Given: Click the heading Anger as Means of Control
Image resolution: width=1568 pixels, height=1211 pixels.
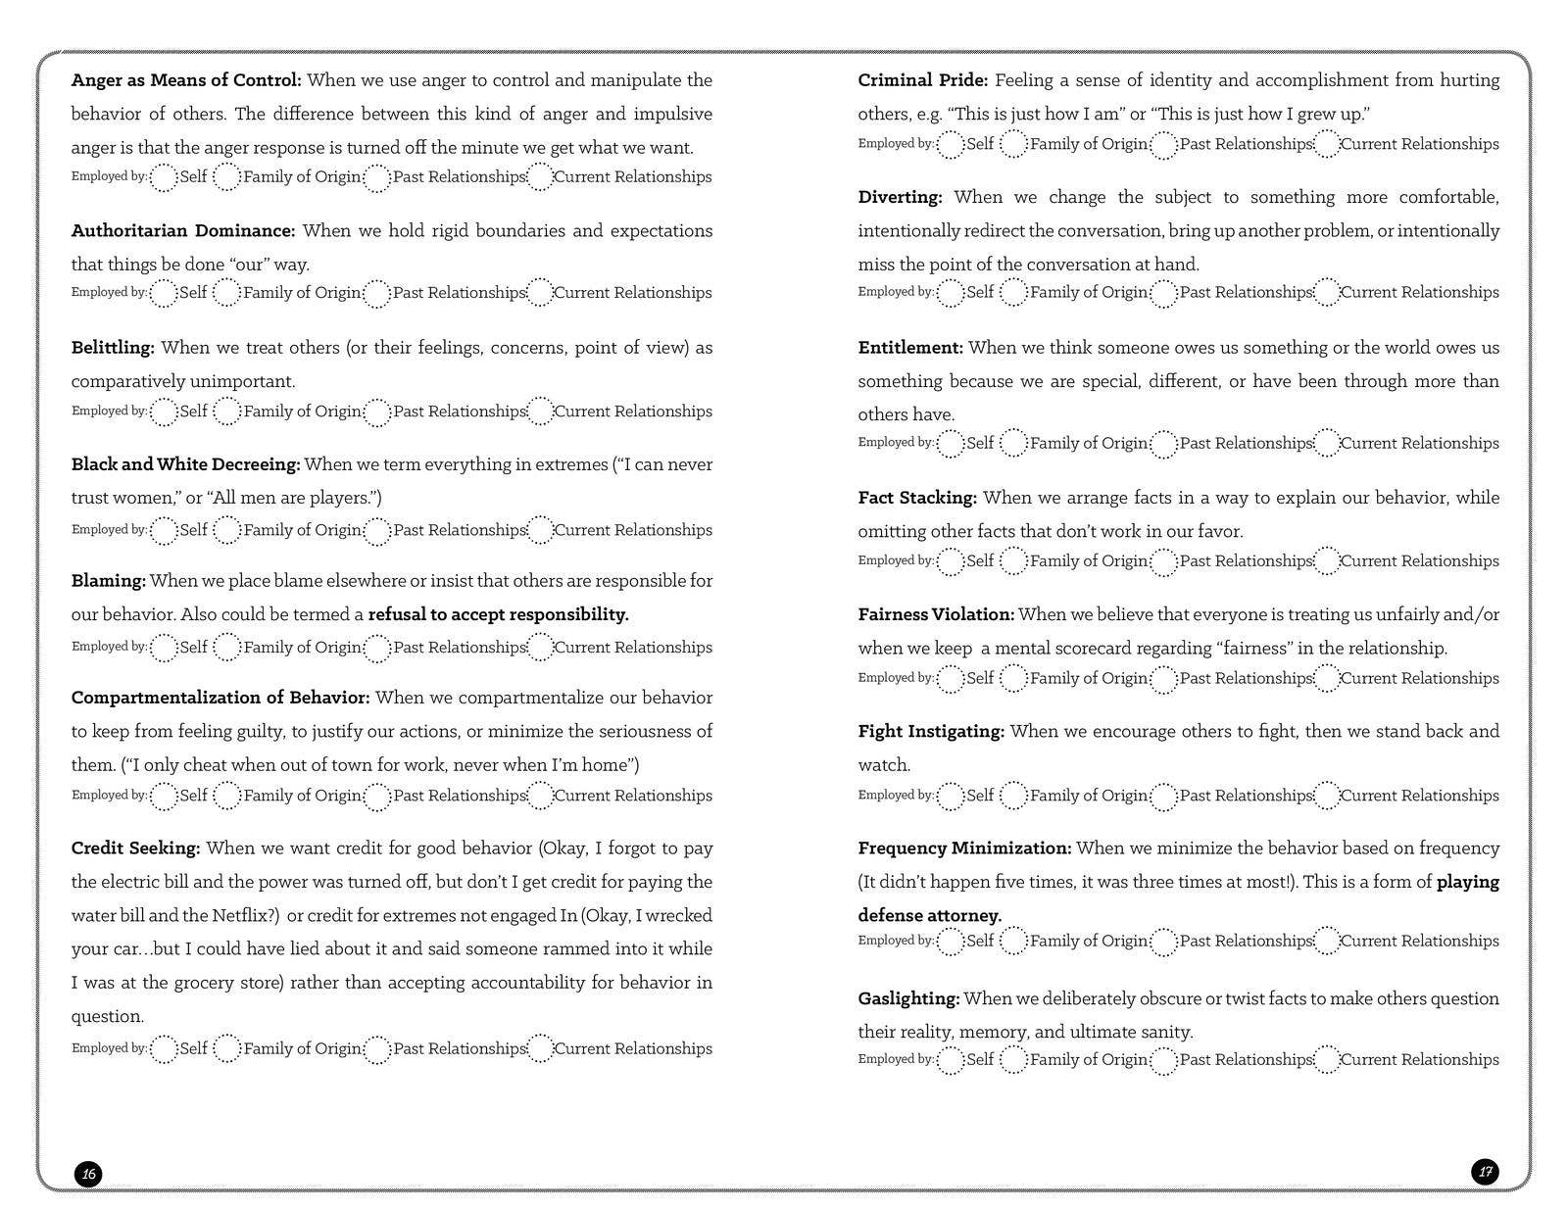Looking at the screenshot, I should pyautogui.click(x=185, y=80).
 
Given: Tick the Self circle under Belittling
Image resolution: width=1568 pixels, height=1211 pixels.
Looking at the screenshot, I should pyautogui.click(x=164, y=412).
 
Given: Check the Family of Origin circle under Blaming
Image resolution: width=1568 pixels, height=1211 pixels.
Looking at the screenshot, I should pyautogui.click(x=226, y=648).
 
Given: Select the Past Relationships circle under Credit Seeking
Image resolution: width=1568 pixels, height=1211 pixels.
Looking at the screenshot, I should pyautogui.click(x=377, y=1049).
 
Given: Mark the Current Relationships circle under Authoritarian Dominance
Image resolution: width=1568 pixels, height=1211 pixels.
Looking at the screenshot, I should pyautogui.click(x=540, y=293).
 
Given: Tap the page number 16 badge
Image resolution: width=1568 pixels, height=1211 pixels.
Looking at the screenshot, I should pyautogui.click(x=88, y=1174).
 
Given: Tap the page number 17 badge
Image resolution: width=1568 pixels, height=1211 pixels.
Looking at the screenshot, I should pyautogui.click(x=1485, y=1171).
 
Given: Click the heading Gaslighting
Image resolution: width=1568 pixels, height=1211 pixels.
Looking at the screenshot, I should pyautogui.click(x=907, y=998).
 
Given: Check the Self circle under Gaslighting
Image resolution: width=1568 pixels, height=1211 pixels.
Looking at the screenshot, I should pyautogui.click(x=951, y=1060).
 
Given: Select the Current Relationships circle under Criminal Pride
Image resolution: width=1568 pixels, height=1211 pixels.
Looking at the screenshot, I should pyautogui.click(x=1326, y=145).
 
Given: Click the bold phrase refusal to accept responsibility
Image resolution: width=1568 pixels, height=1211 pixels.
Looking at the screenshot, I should pyautogui.click(x=498, y=614).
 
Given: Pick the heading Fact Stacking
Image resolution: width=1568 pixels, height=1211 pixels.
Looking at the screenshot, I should pyautogui.click(x=916, y=498).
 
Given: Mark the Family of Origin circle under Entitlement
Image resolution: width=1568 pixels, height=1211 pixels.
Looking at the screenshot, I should pyautogui.click(x=1013, y=444).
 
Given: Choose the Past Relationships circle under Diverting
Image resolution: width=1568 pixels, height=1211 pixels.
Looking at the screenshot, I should pyautogui.click(x=1163, y=293).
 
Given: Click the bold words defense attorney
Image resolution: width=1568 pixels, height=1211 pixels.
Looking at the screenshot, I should pyautogui.click(x=929, y=915).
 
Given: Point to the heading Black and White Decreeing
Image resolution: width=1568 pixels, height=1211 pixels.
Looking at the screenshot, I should pyautogui.click(x=185, y=464).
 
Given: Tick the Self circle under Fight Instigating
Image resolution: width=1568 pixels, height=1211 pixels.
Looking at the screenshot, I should pyautogui.click(x=951, y=797).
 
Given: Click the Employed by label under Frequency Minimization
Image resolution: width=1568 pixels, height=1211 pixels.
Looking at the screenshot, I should pyautogui.click(x=895, y=941).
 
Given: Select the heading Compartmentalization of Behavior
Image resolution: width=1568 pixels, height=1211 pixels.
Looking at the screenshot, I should pyautogui.click(x=220, y=698).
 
